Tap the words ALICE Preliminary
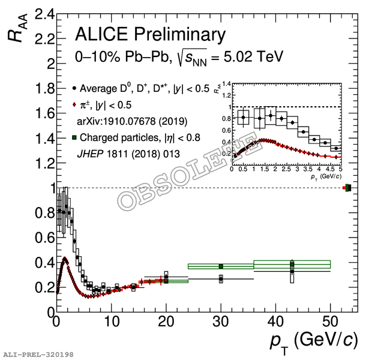[x=151, y=34]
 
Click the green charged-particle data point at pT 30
[x=221, y=266]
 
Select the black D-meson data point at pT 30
[x=221, y=279]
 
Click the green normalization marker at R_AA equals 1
[x=348, y=188]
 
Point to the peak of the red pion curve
[x=64, y=259]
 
